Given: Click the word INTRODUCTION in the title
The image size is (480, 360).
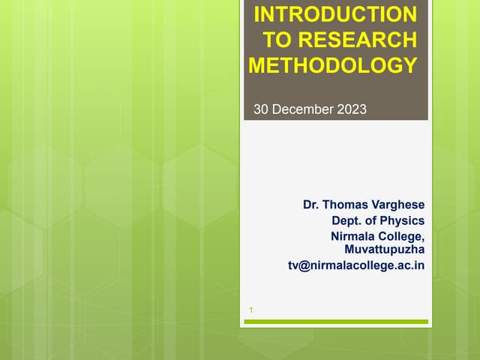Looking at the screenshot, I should coord(334,14).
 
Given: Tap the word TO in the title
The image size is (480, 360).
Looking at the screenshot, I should coord(278,40).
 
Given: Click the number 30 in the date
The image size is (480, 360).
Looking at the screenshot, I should coord(262,110).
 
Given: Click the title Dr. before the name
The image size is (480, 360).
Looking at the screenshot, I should coord(311,204).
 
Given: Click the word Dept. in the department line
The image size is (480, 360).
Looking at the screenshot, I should coord(347,220).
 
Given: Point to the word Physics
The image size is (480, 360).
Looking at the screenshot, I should coord(403,220).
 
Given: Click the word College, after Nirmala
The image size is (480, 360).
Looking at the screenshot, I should coord(400,236).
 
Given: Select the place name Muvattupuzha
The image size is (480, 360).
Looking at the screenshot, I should coord(384,249).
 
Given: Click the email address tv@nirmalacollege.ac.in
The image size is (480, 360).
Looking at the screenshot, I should coord(356,265).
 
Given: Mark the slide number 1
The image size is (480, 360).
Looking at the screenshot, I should coord(250,310).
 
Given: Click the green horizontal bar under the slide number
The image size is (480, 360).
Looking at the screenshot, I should coord(336,322).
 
